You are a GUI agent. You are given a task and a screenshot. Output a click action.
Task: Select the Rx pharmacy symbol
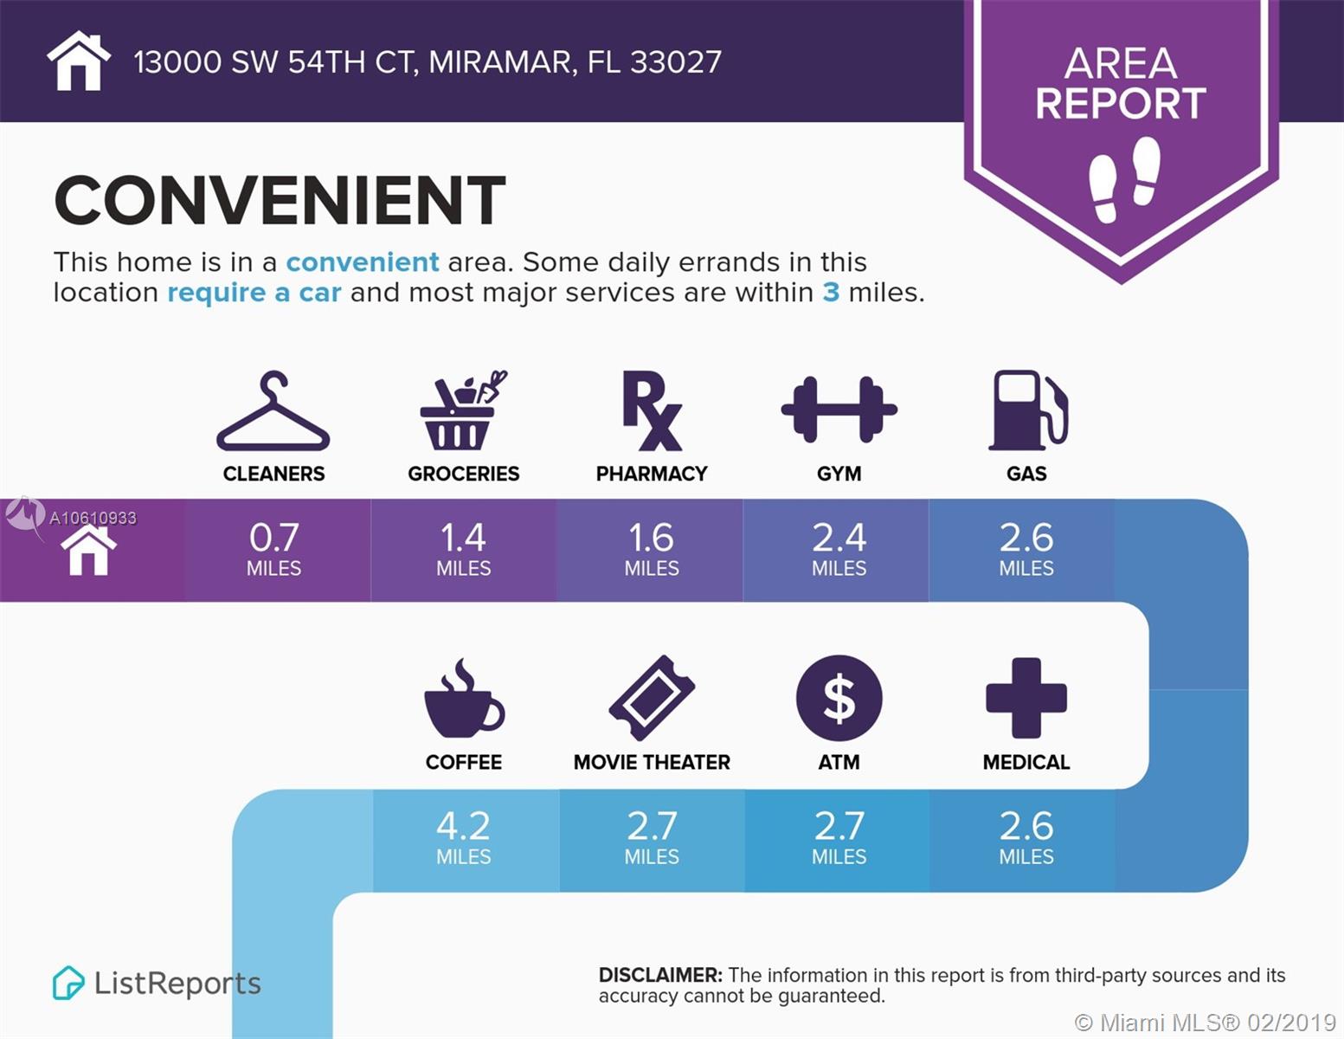(x=652, y=410)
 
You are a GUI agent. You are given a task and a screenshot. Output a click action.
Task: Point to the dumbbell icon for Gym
(x=839, y=409)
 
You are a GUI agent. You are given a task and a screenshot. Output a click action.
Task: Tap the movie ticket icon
(x=652, y=697)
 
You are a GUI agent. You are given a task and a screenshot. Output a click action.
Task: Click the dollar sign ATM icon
(x=839, y=698)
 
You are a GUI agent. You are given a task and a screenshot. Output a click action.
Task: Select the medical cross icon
(x=1026, y=698)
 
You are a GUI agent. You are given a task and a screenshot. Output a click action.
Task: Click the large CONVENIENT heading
(x=280, y=200)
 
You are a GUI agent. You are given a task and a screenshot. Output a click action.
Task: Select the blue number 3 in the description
(x=831, y=292)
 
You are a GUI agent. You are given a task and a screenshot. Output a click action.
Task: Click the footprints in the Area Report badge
(x=1124, y=179)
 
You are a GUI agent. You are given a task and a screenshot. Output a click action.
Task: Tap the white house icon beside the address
(x=79, y=61)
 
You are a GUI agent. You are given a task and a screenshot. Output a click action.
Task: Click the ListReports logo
(x=157, y=983)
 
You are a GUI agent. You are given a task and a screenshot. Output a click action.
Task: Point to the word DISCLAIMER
(x=660, y=975)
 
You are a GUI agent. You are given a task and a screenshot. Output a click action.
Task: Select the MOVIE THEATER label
(x=652, y=762)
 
